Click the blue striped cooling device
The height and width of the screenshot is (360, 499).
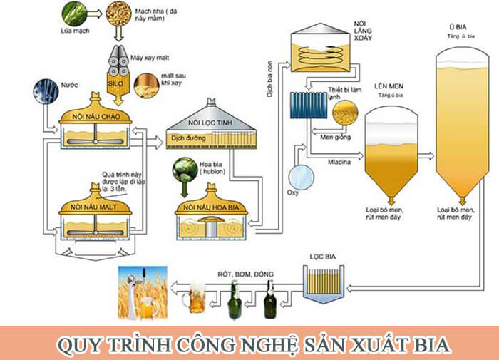308,106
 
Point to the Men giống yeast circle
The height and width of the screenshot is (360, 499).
346,113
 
